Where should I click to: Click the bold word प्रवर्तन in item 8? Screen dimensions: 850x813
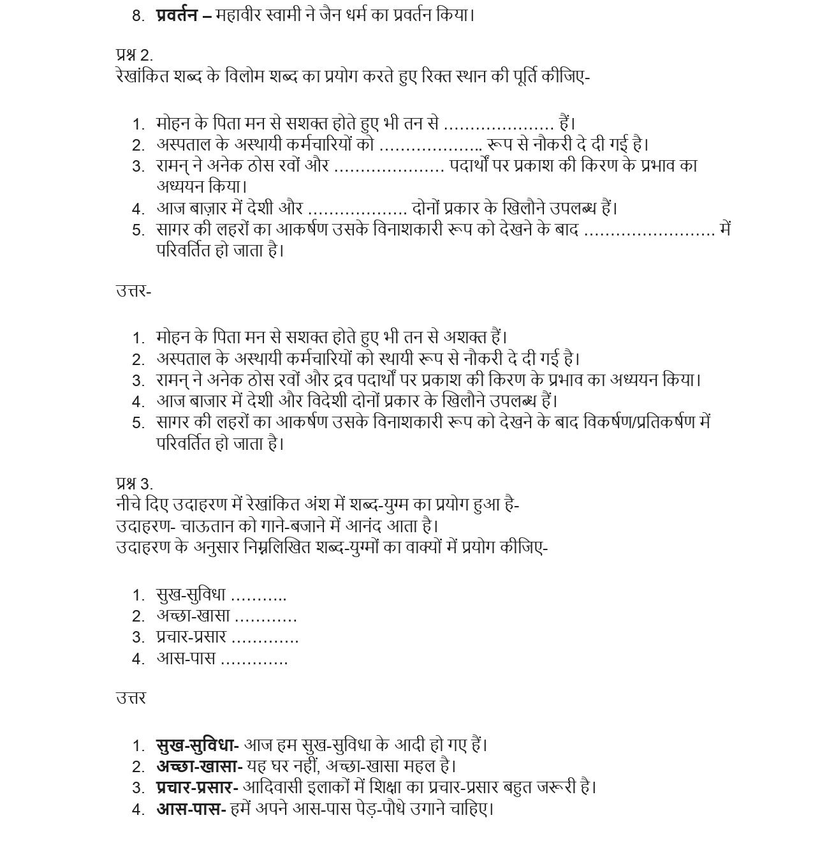click(176, 15)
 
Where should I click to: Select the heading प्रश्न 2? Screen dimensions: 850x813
click(134, 55)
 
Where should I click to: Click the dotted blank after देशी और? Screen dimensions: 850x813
click(358, 209)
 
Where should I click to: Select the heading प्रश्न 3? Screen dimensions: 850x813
click(134, 484)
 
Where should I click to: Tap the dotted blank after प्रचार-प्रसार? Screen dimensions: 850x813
click(265, 637)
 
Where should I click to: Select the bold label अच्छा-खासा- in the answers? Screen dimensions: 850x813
click(199, 766)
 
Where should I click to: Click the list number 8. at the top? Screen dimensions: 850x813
click(139, 16)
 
